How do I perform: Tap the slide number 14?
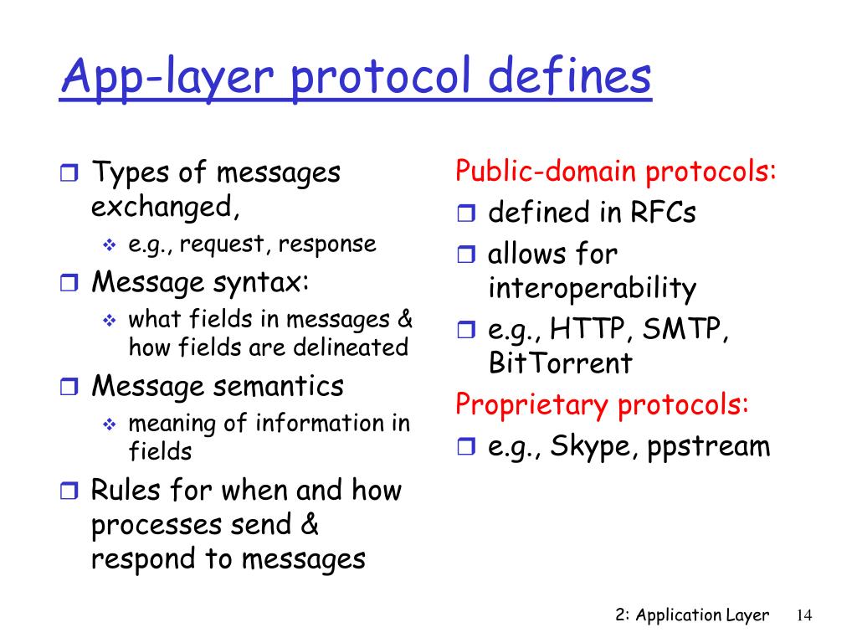(804, 615)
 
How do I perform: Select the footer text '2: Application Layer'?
(691, 615)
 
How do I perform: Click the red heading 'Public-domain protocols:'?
(617, 172)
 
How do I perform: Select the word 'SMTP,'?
(687, 330)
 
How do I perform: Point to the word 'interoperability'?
(592, 289)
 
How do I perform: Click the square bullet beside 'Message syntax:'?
(69, 283)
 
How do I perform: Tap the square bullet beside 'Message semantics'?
(69, 388)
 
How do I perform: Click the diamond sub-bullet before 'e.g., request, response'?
(109, 245)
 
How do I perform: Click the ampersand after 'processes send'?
(309, 525)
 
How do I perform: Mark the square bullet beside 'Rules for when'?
(69, 491)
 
